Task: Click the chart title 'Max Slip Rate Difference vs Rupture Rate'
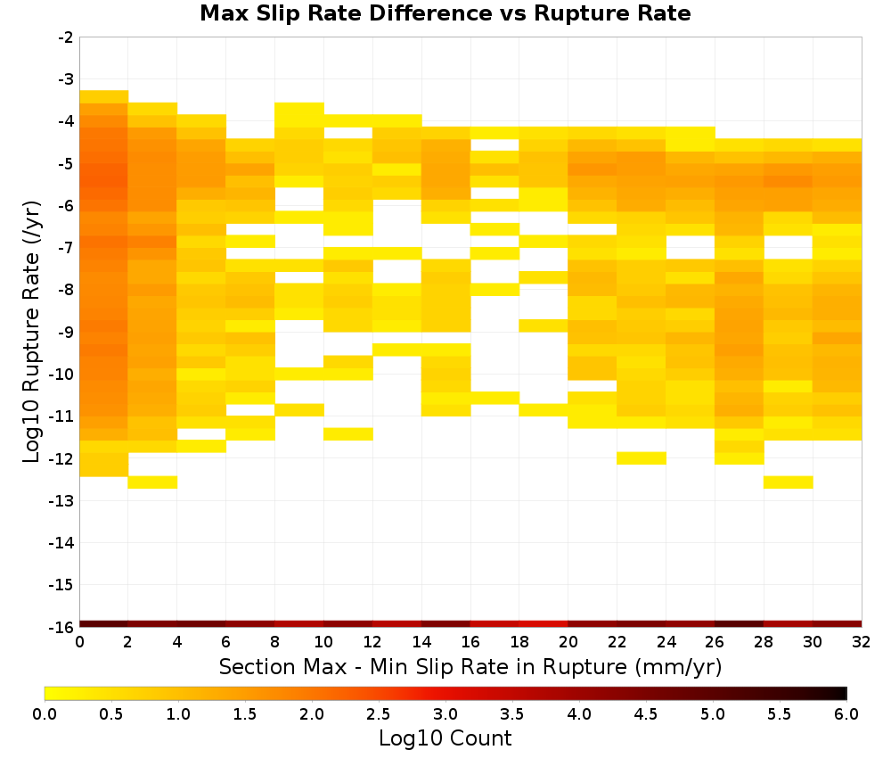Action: pos(445,13)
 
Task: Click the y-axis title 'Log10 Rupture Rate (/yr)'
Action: pos(31,332)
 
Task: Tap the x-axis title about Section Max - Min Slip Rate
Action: pos(470,666)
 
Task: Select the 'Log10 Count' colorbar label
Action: pos(445,738)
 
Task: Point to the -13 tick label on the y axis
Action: pos(62,501)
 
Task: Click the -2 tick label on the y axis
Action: pos(66,37)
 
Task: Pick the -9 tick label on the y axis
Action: pos(66,333)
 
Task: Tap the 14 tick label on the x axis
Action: pos(421,642)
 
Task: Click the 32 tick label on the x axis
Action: pos(862,642)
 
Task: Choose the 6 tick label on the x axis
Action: pos(226,642)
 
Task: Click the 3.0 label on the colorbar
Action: pos(445,713)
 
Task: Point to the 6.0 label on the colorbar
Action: pos(846,713)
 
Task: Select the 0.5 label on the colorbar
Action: pos(110,713)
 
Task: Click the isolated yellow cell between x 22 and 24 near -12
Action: pos(642,458)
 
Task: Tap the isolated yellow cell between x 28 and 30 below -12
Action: pos(789,482)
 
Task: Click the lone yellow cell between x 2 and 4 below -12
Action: pos(153,482)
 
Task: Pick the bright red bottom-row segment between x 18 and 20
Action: pos(544,624)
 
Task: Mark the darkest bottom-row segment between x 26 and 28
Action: pos(740,624)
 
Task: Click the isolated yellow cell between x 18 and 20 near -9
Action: pos(544,325)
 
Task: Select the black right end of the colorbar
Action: pos(842,693)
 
